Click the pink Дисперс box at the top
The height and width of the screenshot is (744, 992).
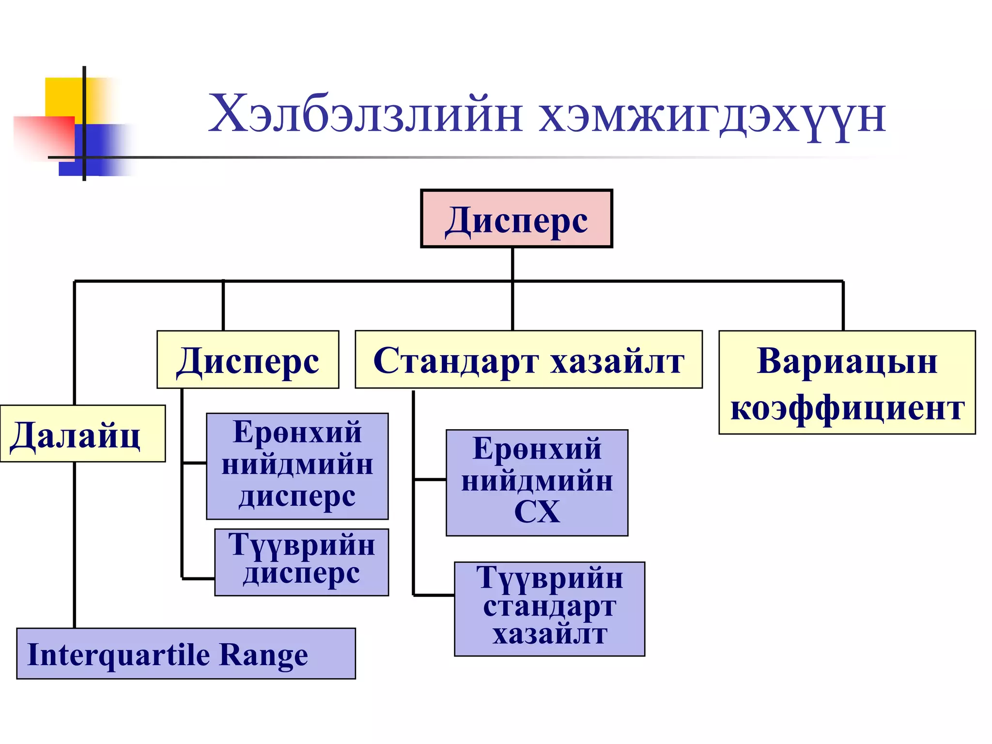516,219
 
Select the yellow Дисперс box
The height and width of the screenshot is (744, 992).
248,360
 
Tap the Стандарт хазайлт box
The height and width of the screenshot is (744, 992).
528,360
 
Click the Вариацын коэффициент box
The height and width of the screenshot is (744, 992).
847,383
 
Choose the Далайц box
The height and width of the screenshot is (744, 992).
82,434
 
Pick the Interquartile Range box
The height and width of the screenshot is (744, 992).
186,654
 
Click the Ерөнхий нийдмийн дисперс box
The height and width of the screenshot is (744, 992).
297,466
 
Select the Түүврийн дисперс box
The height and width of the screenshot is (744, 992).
301,562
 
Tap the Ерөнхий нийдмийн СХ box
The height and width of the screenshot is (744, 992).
537,482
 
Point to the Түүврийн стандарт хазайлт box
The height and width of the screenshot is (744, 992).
549,609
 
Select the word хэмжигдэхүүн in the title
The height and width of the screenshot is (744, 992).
712,116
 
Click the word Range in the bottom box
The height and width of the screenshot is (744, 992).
263,655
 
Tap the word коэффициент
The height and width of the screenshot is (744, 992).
847,408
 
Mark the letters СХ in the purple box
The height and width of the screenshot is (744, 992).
537,511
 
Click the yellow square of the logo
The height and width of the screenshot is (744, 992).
63,97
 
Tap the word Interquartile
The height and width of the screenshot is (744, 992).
119,655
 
